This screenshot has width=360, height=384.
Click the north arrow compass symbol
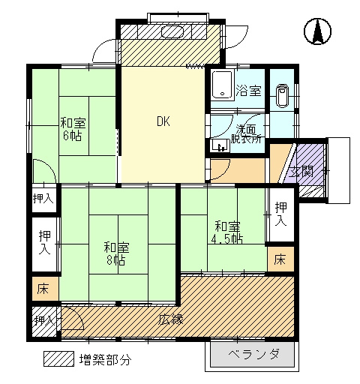coord(317,31)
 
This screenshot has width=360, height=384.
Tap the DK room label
coord(163,121)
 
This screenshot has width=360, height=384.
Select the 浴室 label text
coord(249,91)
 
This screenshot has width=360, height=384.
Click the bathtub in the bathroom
coord(223,85)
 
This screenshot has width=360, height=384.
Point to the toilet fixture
coord(282,96)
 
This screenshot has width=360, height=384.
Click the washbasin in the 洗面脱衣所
coord(220,145)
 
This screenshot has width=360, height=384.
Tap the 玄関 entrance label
coord(301,172)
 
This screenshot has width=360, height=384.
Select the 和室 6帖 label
coord(73,129)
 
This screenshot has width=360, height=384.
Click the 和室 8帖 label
coord(116,254)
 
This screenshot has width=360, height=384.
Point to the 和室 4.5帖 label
coord(227,232)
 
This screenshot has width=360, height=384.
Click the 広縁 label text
coord(172,319)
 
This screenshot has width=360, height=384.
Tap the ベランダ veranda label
coord(253,354)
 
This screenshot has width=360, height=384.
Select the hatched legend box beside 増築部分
coord(58,359)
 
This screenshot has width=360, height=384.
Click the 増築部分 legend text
coord(105,359)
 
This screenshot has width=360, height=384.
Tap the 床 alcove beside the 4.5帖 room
coord(280,259)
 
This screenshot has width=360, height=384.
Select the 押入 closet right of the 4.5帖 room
coord(281,214)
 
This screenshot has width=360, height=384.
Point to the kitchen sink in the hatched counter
coord(173,31)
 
